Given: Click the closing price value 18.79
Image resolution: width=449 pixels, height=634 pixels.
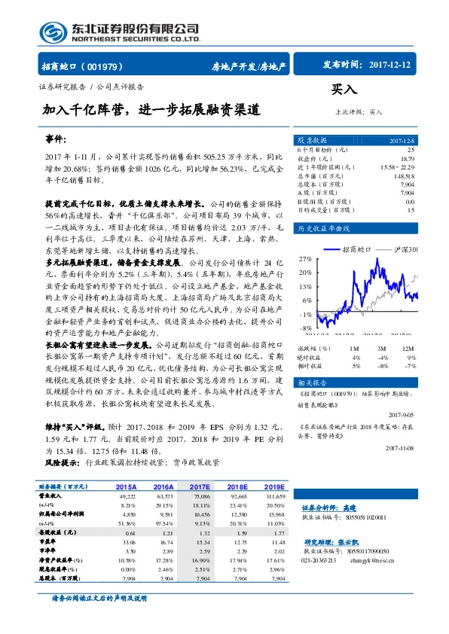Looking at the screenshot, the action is (407, 159).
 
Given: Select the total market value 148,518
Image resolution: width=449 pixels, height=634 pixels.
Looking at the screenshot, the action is (403, 175).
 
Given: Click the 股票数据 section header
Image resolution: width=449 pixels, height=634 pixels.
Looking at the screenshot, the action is (311, 141).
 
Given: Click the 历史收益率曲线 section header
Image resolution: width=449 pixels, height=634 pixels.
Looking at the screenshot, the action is (324, 227).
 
